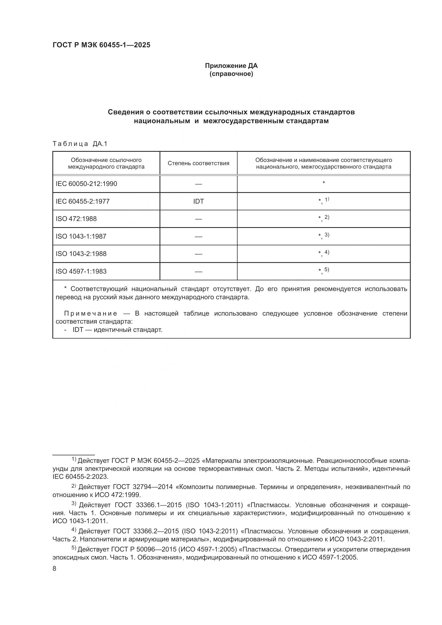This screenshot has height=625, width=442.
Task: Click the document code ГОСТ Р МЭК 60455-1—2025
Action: click(101, 45)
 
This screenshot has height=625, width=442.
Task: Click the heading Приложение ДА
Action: click(231, 66)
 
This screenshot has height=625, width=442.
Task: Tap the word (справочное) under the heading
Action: click(231, 74)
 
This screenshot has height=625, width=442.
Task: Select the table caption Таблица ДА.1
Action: click(80, 144)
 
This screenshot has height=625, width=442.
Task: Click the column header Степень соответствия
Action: click(198, 163)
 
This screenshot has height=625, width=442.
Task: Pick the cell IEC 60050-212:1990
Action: click(86, 184)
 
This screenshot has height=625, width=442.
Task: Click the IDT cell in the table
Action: click(198, 201)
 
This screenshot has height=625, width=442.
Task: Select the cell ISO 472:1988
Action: click(76, 219)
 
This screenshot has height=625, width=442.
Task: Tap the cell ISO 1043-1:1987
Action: click(81, 236)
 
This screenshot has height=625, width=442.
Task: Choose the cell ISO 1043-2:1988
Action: click(81, 254)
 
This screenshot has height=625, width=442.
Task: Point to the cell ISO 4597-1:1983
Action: click(81, 271)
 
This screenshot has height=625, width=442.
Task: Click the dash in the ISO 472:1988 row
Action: click(198, 219)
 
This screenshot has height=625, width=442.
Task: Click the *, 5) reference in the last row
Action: click(324, 270)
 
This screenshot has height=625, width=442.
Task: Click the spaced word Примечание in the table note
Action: click(91, 314)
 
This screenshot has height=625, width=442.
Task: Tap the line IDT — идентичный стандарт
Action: click(117, 330)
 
